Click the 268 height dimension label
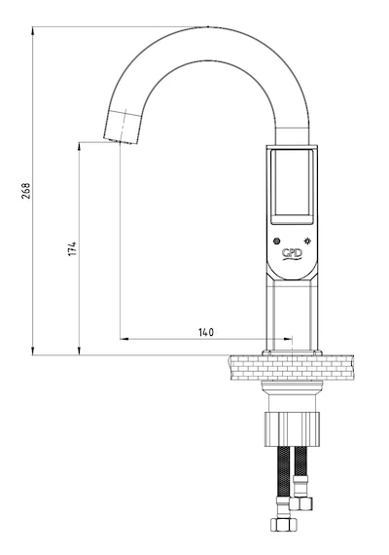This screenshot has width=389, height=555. click(x=26, y=191)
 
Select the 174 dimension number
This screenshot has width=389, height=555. click(x=72, y=249)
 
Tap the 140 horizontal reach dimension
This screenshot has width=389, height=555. click(x=206, y=332)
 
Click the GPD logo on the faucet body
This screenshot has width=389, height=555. click(x=292, y=253)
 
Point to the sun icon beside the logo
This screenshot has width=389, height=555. click(x=308, y=241)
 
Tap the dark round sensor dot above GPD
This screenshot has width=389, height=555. click(x=276, y=241)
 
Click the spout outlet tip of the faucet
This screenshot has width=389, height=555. click(x=121, y=141)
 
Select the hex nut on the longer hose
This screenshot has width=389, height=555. click(x=284, y=524)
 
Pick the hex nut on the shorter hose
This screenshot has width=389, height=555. click(x=301, y=503)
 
